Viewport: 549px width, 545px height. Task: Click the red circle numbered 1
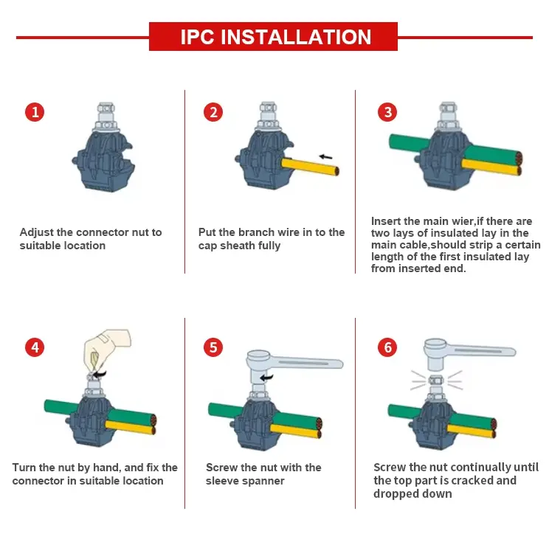(x=35, y=112)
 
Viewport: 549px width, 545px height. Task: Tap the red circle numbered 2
(x=213, y=112)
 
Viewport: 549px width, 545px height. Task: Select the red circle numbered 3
(x=387, y=112)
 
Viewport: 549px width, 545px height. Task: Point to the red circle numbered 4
(x=35, y=347)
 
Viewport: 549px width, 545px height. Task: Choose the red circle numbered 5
(x=213, y=347)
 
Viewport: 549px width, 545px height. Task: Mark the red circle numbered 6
(x=387, y=347)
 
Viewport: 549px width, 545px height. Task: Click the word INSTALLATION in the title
(x=296, y=37)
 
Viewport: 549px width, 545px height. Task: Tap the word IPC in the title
(x=197, y=37)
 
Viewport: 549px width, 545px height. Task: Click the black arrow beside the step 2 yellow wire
(x=325, y=157)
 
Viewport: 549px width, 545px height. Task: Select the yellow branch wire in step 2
(x=310, y=167)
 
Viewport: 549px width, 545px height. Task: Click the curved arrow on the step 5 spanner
(x=267, y=378)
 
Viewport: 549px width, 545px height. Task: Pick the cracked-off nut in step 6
(x=436, y=380)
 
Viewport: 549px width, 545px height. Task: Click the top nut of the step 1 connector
(x=106, y=108)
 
